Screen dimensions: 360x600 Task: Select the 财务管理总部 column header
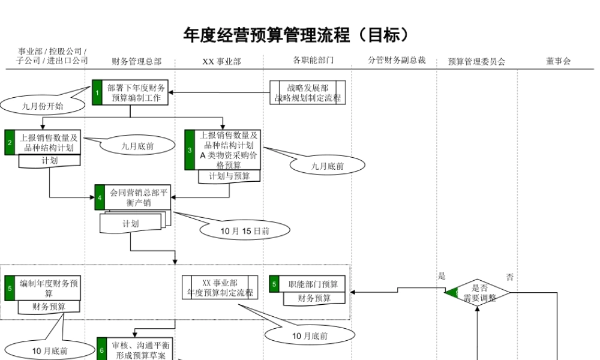pyautogui.click(x=136, y=61)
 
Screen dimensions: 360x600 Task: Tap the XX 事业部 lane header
pyautogui.click(x=221, y=61)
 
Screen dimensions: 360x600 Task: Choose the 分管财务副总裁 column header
pyautogui.click(x=397, y=61)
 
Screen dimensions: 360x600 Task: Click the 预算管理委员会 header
pyautogui.click(x=476, y=61)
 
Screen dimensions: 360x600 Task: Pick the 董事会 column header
pyautogui.click(x=558, y=61)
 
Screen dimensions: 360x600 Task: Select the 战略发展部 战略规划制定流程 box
pyautogui.click(x=308, y=93)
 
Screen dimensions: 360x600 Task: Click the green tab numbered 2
pyautogui.click(x=10, y=142)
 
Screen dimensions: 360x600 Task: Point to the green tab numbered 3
pyautogui.click(x=190, y=150)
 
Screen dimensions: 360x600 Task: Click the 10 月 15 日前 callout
pyautogui.click(x=245, y=230)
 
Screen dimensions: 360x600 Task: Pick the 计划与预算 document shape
pyautogui.click(x=229, y=176)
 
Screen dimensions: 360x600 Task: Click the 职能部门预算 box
pyautogui.click(x=313, y=284)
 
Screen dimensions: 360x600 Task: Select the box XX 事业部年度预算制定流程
pyautogui.click(x=220, y=287)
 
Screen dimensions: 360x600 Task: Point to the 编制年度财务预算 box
pyautogui.click(x=49, y=287)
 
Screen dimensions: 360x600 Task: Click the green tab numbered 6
pyautogui.click(x=102, y=349)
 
